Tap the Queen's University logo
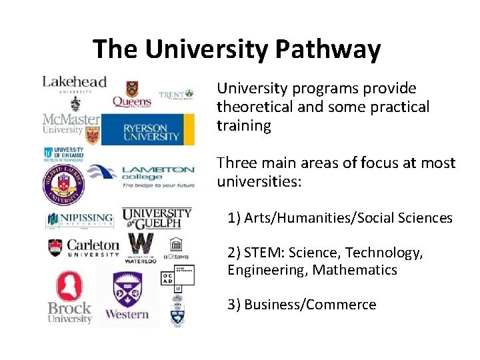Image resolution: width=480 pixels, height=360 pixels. tap(132, 95)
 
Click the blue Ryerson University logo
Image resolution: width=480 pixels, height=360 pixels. tap(147, 129)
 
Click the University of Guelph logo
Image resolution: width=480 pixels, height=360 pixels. tap(157, 217)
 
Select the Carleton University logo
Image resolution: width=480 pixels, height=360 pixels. tap(83, 248)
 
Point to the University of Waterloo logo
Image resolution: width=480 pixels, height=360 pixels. tap(141, 248)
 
